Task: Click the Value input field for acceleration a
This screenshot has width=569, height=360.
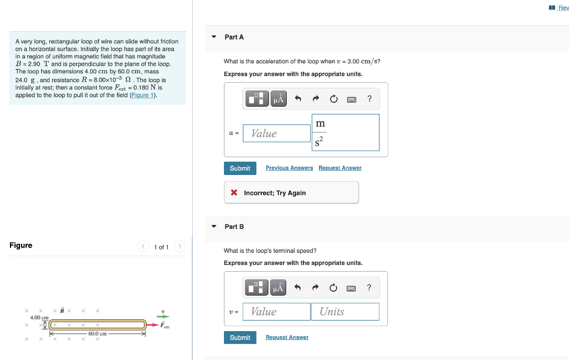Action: point(276,133)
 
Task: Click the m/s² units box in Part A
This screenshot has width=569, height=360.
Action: point(346,133)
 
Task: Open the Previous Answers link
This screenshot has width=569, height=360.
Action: point(289,168)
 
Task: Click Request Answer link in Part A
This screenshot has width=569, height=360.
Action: point(340,168)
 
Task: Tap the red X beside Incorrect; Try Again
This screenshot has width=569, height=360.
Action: point(234,193)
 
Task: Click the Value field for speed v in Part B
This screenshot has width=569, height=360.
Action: point(276,312)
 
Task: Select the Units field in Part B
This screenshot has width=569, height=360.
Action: point(345,312)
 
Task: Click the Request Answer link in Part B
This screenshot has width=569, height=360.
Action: point(287,337)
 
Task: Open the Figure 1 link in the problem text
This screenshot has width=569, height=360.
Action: point(143,95)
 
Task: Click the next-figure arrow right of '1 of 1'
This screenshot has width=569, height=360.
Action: point(179,247)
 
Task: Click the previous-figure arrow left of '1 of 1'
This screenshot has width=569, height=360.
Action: point(143,247)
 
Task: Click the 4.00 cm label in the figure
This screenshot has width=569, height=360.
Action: point(39,317)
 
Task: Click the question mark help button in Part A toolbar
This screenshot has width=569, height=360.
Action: point(370,99)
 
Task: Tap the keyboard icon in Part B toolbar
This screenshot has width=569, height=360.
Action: point(351,288)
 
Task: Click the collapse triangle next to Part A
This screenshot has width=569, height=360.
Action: point(214,37)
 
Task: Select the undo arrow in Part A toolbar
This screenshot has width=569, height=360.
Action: point(298,99)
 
